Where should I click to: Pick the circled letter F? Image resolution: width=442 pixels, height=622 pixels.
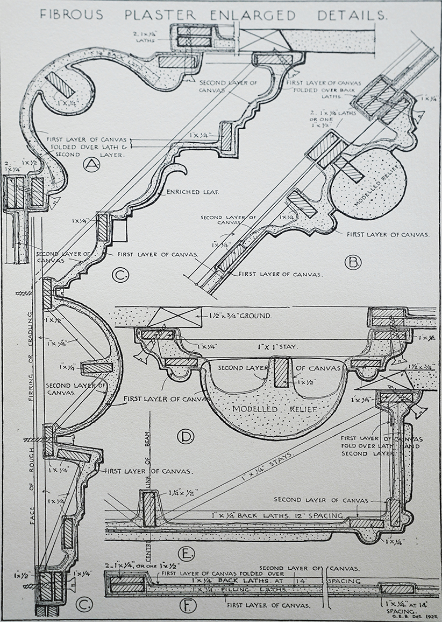[x=186, y=607]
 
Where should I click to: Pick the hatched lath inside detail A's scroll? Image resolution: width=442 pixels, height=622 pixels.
[x=56, y=85]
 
